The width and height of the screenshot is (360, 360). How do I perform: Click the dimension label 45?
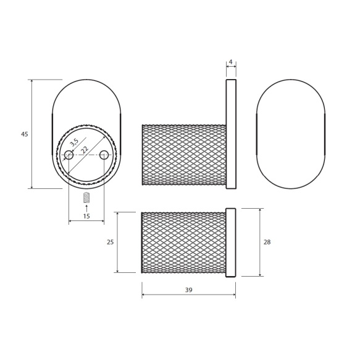click(x=25, y=134)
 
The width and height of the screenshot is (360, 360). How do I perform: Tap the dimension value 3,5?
click(x=74, y=143)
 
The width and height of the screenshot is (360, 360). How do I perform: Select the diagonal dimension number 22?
click(x=85, y=150)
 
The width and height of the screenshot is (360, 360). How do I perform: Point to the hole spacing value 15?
click(x=86, y=216)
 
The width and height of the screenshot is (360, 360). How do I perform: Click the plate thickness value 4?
click(x=231, y=62)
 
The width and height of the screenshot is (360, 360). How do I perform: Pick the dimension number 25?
click(x=110, y=242)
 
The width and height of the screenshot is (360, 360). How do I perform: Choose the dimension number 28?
click(x=267, y=242)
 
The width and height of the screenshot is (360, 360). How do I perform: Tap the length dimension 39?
click(x=188, y=290)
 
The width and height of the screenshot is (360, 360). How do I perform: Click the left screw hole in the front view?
click(x=69, y=155)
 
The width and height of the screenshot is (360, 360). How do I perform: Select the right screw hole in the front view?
click(x=104, y=155)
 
